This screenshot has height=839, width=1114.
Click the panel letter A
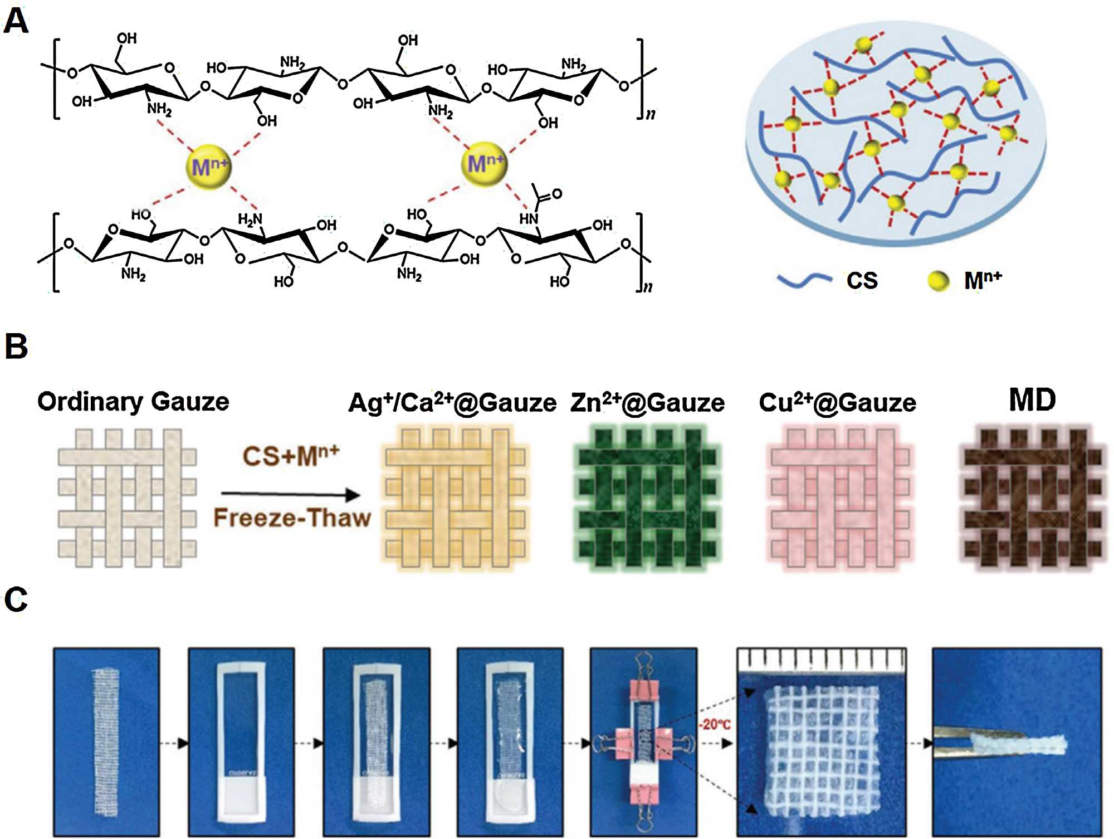pyautogui.click(x=16, y=22)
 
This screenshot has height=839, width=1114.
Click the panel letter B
pyautogui.click(x=16, y=347)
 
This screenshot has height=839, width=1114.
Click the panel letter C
pyautogui.click(x=16, y=601)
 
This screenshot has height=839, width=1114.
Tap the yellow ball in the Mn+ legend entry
pyautogui.click(x=939, y=280)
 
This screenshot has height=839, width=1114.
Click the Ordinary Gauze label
pyautogui.click(x=133, y=402)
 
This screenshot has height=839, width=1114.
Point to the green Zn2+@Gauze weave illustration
pyautogui.click(x=647, y=497)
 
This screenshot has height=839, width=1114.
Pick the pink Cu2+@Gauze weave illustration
pyautogui.click(x=839, y=497)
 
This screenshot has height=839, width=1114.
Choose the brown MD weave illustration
pyautogui.click(x=1032, y=497)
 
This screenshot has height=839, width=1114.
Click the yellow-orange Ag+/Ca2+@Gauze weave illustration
pyautogui.click(x=455, y=497)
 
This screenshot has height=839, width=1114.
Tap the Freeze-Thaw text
pyautogui.click(x=292, y=518)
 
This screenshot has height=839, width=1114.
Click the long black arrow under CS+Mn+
pyautogui.click(x=290, y=494)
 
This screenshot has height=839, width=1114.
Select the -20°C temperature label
pyautogui.click(x=715, y=725)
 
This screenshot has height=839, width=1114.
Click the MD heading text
pyautogui.click(x=1032, y=400)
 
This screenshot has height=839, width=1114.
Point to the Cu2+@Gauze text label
pyautogui.click(x=837, y=403)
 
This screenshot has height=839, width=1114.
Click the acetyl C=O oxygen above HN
pyautogui.click(x=556, y=193)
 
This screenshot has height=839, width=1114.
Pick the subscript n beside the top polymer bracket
pyautogui.click(x=650, y=114)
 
